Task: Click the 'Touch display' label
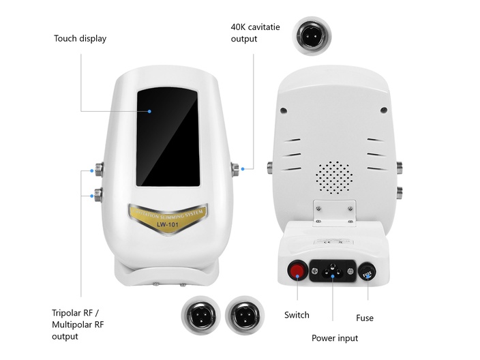80,38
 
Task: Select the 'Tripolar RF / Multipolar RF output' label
78,325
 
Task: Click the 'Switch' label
297,315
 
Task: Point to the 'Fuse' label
365,318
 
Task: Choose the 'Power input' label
334,338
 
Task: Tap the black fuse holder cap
367,273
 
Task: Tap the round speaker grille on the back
333,177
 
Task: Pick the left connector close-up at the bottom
200,316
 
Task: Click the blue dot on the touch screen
149,110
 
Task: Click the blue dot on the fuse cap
367,277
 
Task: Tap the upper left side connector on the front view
98,167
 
